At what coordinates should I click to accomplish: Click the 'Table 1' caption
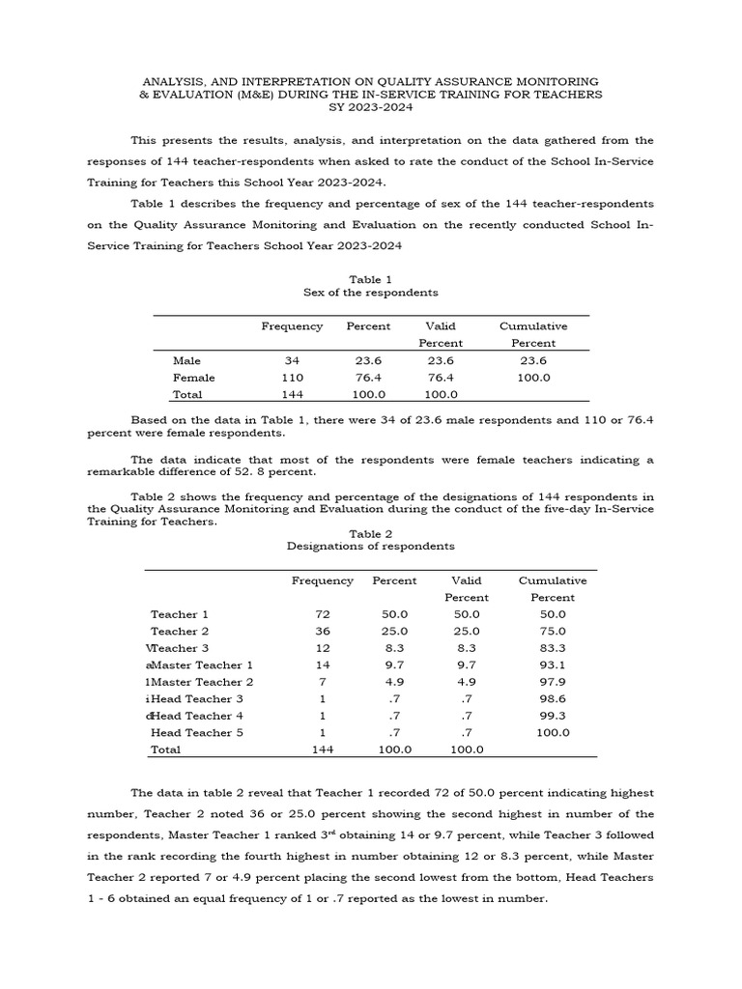tap(371, 279)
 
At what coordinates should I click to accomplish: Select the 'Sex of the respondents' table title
tap(371, 293)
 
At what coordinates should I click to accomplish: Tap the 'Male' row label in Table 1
tap(186, 360)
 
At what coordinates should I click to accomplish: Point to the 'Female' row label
tap(194, 378)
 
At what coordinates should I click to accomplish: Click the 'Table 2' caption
tap(371, 533)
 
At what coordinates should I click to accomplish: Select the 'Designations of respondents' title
tap(371, 546)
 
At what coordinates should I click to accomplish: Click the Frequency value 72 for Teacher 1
tap(323, 614)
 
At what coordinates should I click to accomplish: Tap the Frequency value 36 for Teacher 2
tap(323, 631)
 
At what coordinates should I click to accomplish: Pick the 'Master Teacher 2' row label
tap(202, 682)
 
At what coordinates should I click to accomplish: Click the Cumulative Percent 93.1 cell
tap(553, 664)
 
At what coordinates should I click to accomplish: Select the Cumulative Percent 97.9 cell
tap(553, 682)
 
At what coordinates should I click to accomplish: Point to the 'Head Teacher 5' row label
tap(197, 733)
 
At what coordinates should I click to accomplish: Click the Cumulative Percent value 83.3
tap(553, 648)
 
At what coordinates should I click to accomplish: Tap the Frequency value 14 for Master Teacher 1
tap(323, 664)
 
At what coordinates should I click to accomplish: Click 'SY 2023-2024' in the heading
tap(371, 107)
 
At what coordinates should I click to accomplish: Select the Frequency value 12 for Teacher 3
tap(323, 648)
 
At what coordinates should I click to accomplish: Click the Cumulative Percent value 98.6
tap(553, 698)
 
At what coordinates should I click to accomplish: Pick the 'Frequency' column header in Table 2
tap(323, 580)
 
